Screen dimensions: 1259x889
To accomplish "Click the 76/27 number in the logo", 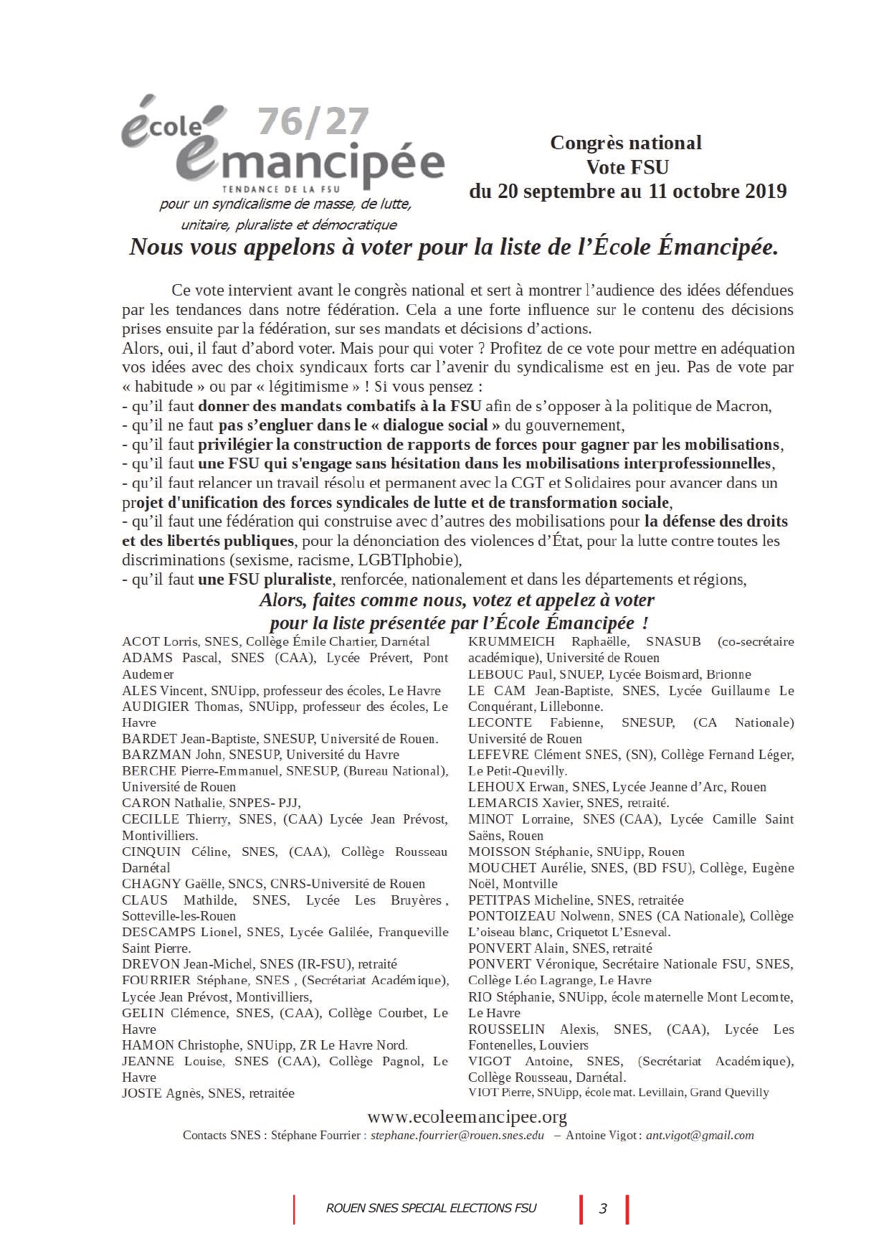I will click(313, 122).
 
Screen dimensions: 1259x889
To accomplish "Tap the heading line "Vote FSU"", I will click(627, 167).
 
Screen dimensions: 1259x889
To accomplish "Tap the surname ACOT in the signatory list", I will click(141, 641).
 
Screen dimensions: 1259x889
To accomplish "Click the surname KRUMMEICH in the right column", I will click(511, 641).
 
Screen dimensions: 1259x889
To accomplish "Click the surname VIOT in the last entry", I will click(483, 1092).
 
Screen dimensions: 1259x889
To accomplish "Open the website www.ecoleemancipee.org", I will click(467, 1117).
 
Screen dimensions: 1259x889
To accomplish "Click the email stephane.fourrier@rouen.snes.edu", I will click(457, 1136).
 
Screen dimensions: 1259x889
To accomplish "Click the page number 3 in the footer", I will click(603, 1209).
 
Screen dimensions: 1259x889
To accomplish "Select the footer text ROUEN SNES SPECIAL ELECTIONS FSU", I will click(431, 1208).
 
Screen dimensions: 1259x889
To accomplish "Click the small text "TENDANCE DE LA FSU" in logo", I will click(281, 189).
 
